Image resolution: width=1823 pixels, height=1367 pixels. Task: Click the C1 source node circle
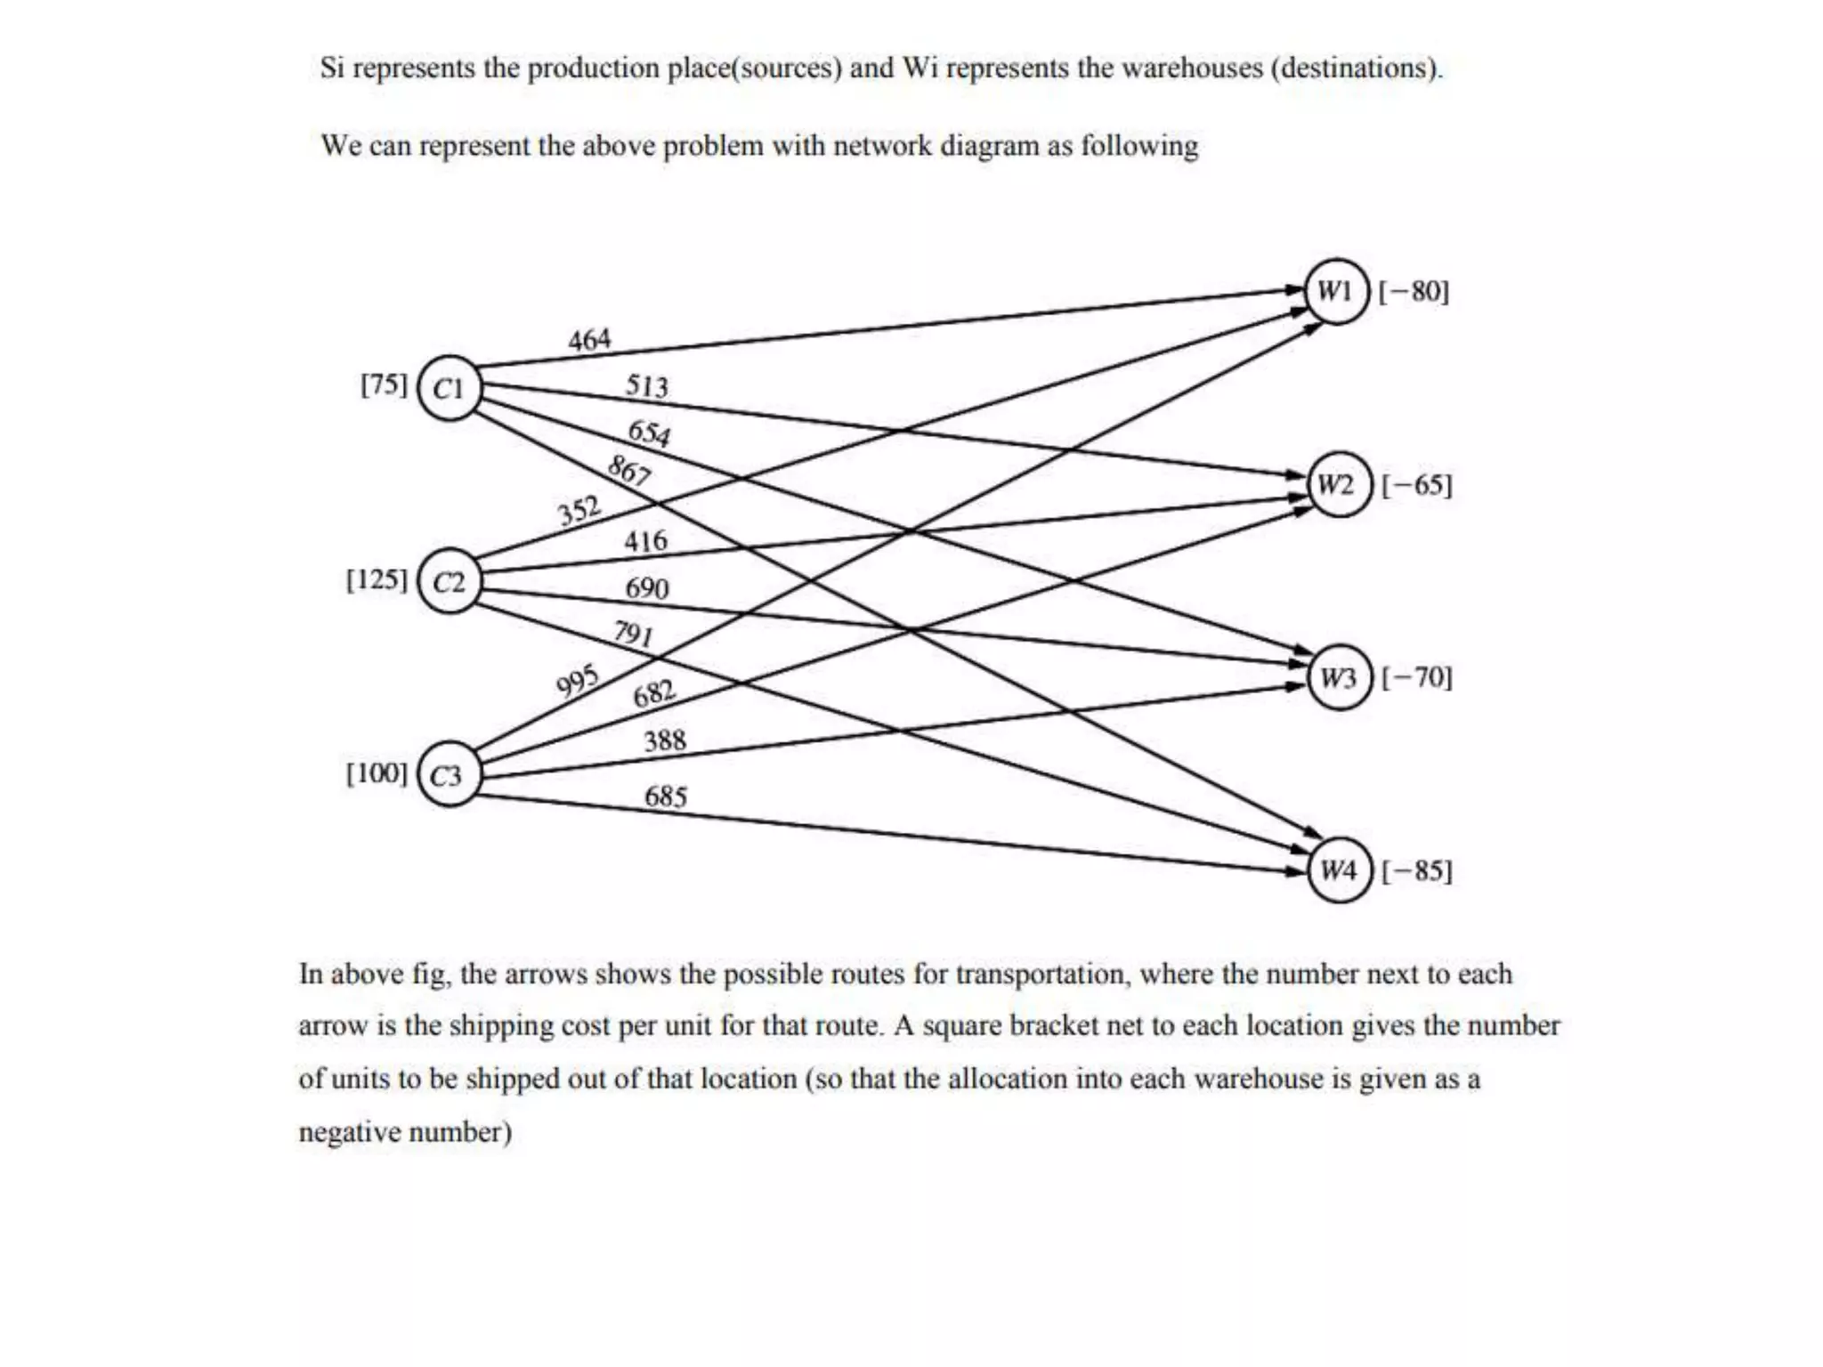pyautogui.click(x=449, y=388)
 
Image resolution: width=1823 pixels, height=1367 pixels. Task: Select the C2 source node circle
pyautogui.click(x=449, y=581)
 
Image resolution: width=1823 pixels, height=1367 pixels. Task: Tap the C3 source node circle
pyautogui.click(x=449, y=775)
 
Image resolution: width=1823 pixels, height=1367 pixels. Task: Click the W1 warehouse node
pyautogui.click(x=1337, y=291)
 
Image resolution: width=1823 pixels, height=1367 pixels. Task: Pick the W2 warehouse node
pyautogui.click(x=1338, y=485)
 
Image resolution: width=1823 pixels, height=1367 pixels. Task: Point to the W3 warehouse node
pyautogui.click(x=1339, y=677)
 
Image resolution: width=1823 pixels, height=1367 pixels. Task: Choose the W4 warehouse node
pyautogui.click(x=1340, y=870)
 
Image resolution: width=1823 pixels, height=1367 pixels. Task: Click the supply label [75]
pyautogui.click(x=384, y=385)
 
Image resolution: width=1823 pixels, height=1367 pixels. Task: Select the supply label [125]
pyautogui.click(x=376, y=579)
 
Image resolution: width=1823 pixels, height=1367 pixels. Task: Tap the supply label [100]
pyautogui.click(x=376, y=772)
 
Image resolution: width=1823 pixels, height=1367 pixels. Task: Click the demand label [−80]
pyautogui.click(x=1414, y=291)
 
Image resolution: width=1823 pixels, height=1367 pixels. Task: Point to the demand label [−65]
pyautogui.click(x=1416, y=485)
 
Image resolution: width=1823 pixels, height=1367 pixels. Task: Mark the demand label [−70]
pyautogui.click(x=1416, y=677)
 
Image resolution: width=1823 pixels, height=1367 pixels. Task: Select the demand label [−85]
pyautogui.click(x=1416, y=870)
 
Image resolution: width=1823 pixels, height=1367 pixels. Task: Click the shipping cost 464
pyautogui.click(x=589, y=340)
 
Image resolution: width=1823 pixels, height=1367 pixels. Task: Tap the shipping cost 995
pyautogui.click(x=577, y=682)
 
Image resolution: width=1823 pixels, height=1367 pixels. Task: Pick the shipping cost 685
pyautogui.click(x=666, y=796)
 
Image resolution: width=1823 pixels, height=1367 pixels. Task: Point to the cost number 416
pyautogui.click(x=645, y=540)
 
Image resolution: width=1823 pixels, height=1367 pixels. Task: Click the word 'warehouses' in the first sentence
pyautogui.click(x=1192, y=68)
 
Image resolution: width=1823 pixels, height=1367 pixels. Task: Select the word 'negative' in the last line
pyautogui.click(x=350, y=1132)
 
